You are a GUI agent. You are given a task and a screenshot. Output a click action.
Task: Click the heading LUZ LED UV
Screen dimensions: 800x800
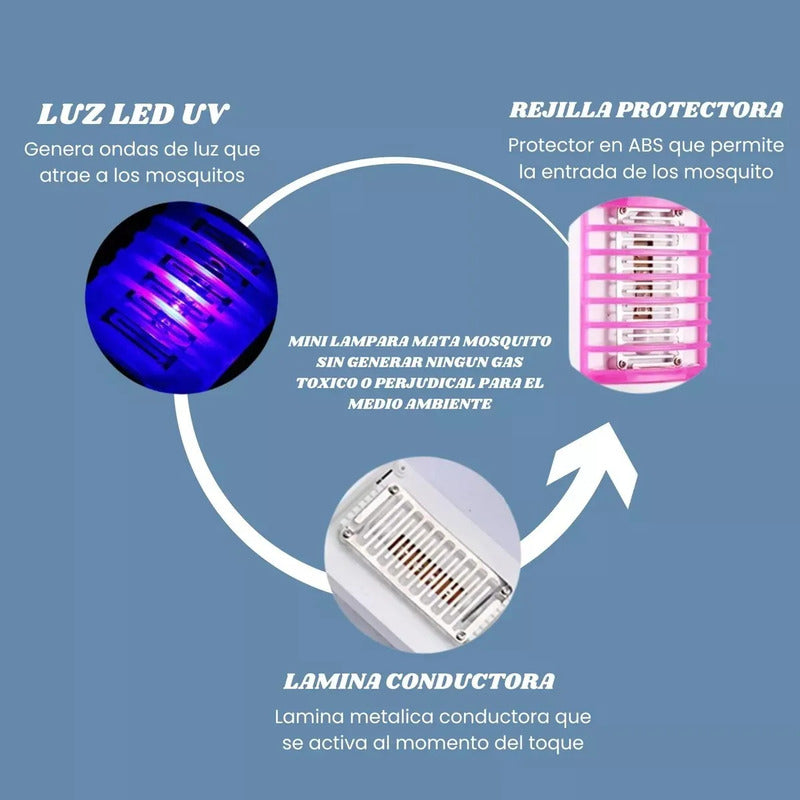(134, 114)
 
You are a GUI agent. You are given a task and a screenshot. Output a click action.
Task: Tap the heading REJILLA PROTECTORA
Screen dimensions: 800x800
(646, 110)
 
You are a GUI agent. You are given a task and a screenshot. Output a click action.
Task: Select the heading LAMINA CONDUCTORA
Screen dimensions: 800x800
(419, 681)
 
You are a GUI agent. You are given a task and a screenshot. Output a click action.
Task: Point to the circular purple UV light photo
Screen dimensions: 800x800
(181, 297)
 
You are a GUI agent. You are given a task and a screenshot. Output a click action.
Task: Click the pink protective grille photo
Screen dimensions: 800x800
(639, 294)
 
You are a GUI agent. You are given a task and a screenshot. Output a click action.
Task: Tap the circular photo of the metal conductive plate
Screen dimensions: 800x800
(423, 555)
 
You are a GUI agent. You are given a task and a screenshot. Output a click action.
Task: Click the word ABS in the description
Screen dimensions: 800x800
(646, 145)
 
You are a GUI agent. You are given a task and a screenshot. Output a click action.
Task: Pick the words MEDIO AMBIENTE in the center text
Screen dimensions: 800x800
(420, 404)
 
